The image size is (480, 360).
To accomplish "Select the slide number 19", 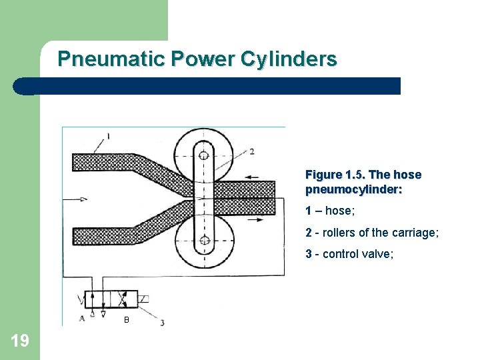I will point(20,341).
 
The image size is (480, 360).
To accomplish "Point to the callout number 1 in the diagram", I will point(107,136).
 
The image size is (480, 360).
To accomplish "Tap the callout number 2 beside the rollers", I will point(251,151).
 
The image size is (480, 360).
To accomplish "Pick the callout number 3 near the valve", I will point(162,323).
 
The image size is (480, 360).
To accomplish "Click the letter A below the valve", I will point(82,318).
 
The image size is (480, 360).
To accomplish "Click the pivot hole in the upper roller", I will point(203,153).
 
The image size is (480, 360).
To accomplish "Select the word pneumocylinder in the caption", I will point(353,189).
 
